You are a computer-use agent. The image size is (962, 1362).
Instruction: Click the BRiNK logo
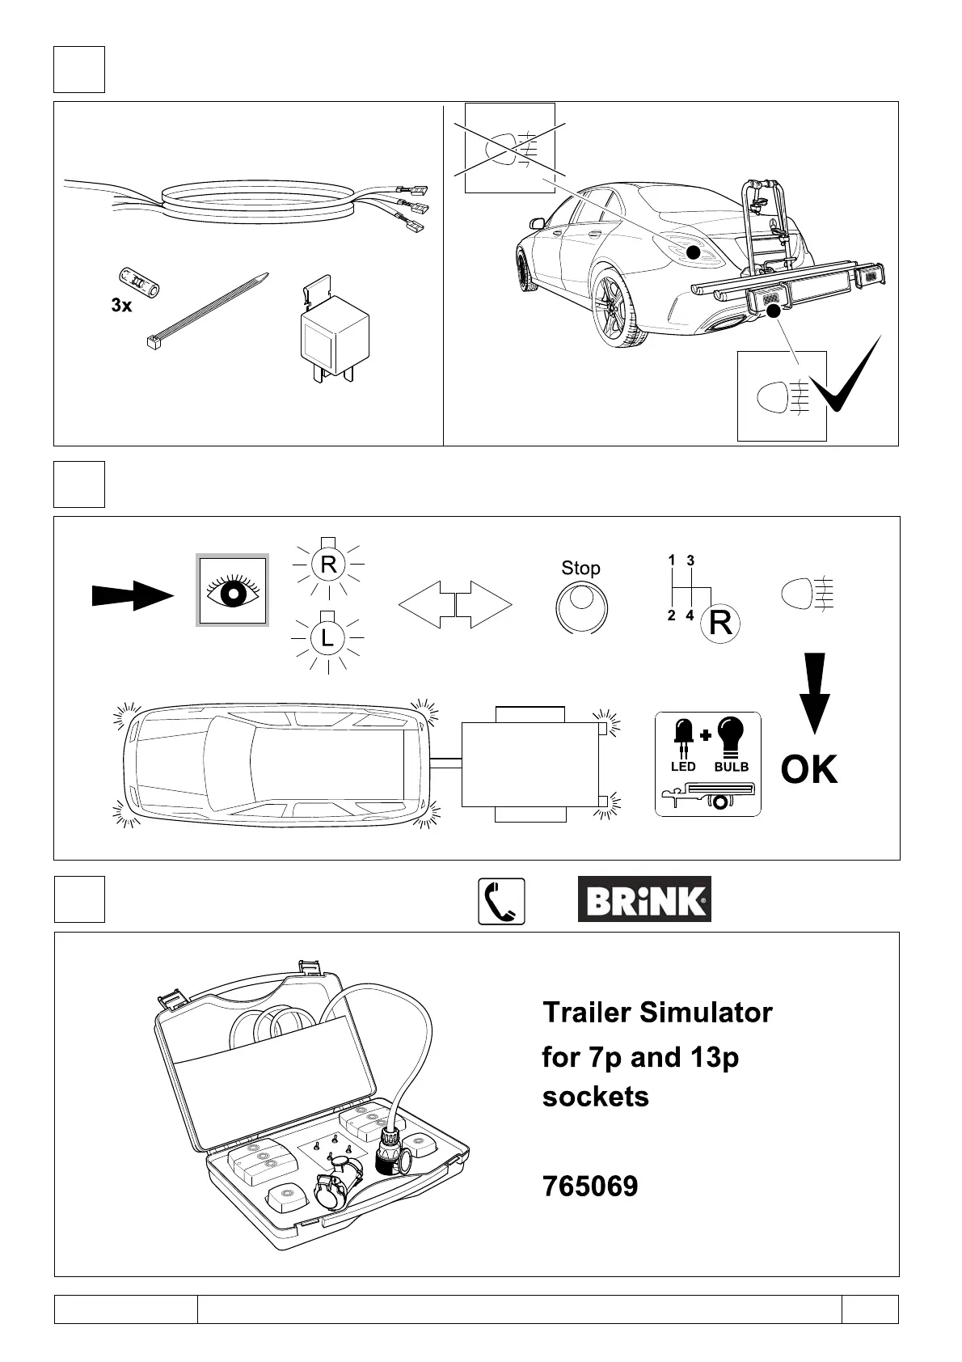tap(644, 899)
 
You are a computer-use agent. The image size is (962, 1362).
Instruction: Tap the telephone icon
tap(501, 901)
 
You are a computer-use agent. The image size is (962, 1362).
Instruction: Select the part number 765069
tap(590, 1186)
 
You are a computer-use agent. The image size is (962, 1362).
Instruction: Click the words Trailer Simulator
tap(657, 1013)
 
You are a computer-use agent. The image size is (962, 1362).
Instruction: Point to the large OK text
tap(809, 769)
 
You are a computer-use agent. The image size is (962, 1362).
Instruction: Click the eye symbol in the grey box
tap(233, 590)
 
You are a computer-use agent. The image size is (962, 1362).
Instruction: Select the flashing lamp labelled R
tap(327, 564)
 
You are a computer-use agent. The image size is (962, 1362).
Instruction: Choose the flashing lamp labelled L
tap(327, 638)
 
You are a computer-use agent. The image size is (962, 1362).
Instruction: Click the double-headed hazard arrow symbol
tap(455, 603)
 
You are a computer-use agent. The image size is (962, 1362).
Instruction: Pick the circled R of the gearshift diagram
tap(719, 624)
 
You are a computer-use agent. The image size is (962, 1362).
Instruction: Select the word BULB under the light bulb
tap(732, 767)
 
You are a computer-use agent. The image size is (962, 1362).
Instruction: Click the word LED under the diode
tap(683, 767)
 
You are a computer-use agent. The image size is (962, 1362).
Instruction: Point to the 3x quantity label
tap(121, 306)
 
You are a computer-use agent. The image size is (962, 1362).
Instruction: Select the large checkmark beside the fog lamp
tap(845, 377)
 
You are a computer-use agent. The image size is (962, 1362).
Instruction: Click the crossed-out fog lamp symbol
tap(508, 148)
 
